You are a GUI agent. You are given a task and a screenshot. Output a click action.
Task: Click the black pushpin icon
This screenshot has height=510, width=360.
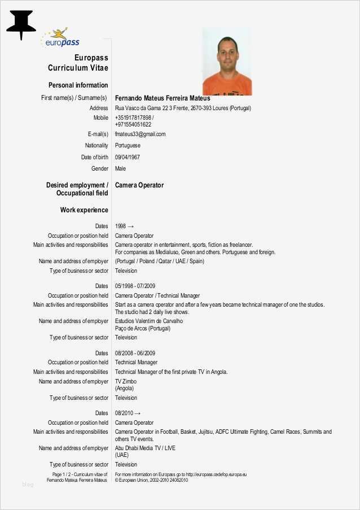tap(21, 24)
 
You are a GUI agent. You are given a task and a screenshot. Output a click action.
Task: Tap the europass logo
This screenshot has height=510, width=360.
tap(61, 38)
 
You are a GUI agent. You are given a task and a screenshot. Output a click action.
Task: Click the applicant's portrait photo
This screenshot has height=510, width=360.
tap(227, 62)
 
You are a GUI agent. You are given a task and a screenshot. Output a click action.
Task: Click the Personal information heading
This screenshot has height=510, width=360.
tap(78, 85)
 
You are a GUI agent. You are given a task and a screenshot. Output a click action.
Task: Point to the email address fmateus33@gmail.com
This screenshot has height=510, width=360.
tap(140, 134)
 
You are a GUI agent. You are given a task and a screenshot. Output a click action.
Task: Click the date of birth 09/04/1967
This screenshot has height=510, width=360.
tap(128, 157)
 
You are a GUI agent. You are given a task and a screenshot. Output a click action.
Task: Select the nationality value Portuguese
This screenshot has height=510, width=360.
tap(128, 146)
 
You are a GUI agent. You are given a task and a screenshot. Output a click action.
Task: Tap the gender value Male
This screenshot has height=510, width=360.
tap(121, 168)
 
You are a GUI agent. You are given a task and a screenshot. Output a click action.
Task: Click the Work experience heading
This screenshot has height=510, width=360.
tap(84, 210)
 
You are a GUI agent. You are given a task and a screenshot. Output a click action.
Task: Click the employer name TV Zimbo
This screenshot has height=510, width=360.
tap(126, 382)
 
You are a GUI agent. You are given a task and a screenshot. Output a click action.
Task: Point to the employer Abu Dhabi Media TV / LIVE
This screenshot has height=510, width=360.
tap(145, 448)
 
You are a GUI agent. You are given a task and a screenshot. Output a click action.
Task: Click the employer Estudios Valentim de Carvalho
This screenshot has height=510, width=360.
tap(149, 321)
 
